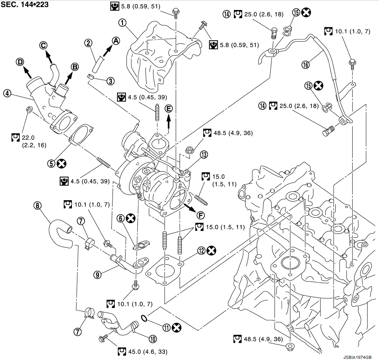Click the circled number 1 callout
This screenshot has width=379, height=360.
point(123,23)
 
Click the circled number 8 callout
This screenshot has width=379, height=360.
point(37,206)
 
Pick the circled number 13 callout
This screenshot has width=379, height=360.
point(203,155)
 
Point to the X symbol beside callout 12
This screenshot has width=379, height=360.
point(211,250)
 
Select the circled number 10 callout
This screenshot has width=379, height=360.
point(153,339)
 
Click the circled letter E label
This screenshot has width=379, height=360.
point(169,109)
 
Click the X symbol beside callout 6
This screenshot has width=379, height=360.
point(131,218)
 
